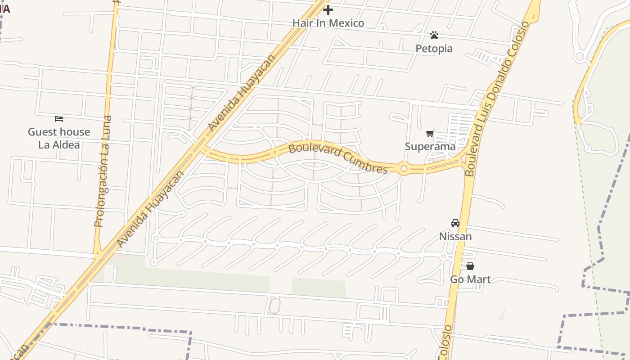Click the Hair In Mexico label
pos(328,23)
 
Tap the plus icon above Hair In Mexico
pos(328,9)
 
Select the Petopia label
pos(434,48)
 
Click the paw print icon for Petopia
pos(434,35)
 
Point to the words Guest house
pos(59,132)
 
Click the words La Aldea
pos(59,144)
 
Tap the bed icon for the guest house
pos(59,119)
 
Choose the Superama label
pos(430,146)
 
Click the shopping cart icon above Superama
pos(430,133)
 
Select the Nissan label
pos(455,236)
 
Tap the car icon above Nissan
pos(455,223)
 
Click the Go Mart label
pos(470,279)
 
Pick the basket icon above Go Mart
pos(470,266)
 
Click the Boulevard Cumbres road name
pos(338,158)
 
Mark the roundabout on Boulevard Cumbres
pos(404,169)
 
